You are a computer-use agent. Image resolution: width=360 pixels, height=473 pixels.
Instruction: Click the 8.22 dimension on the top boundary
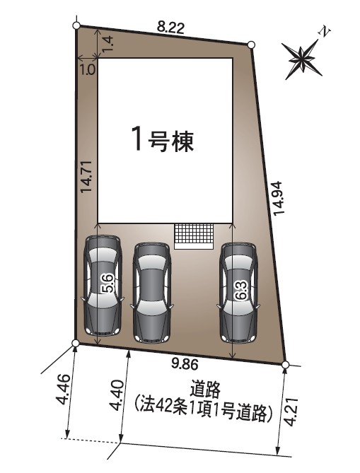coord(170,29)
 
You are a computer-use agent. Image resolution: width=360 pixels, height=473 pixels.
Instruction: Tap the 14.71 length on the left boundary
coord(86,177)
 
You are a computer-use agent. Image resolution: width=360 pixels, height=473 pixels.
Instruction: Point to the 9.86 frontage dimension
coord(185,365)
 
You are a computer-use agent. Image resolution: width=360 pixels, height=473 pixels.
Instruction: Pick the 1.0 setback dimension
coord(88,70)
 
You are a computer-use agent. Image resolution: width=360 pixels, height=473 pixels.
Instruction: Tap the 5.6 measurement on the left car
coord(107,284)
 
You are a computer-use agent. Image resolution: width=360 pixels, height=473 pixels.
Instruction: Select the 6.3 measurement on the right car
coord(242,290)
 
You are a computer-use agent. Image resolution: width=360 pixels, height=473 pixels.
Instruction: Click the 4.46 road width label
coord(64,390)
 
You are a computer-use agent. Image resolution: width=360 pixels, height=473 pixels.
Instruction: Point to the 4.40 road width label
coord(117,395)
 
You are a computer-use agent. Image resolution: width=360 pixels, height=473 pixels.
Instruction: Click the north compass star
coord(302,58)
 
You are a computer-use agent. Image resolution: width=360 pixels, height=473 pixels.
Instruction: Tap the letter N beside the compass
coord(325,32)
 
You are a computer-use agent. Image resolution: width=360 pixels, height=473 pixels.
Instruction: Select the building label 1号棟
coord(163,141)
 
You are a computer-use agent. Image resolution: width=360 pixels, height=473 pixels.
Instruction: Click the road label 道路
coord(205,390)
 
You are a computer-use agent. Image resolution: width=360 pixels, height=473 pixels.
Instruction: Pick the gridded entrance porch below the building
coord(194,236)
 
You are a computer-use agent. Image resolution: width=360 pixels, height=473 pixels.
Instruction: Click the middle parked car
coord(152,292)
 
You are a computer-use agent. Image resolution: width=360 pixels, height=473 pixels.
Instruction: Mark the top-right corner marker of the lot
coord(251,45)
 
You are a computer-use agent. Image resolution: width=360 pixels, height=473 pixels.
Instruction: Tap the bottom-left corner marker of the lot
coord(76,343)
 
